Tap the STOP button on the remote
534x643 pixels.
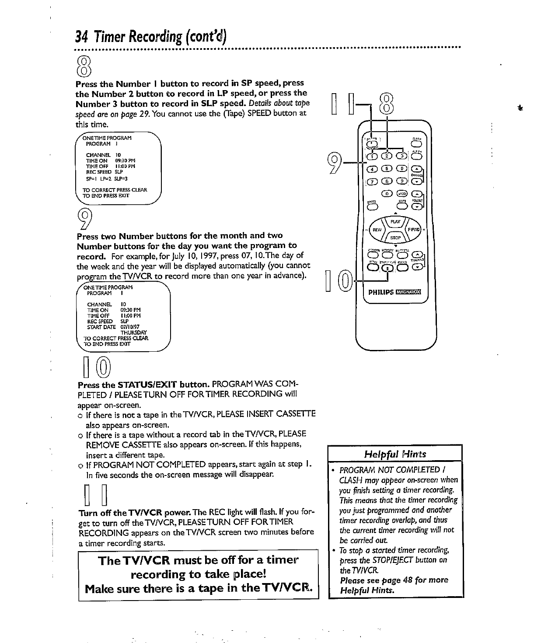395,238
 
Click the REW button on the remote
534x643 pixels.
377,230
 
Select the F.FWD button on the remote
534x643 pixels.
414,230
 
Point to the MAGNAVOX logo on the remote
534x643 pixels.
407,292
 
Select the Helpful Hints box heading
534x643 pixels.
395,454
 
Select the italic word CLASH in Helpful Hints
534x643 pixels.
350,480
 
